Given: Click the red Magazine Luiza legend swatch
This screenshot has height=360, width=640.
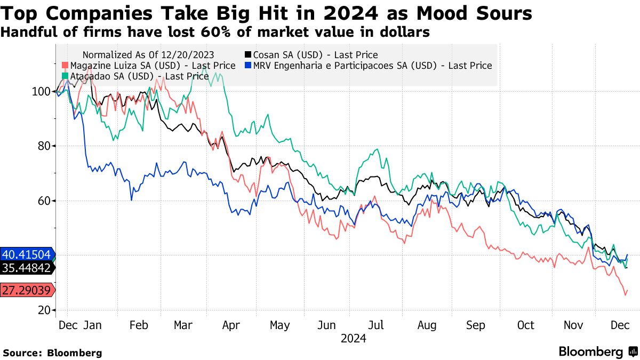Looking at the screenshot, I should coord(65,66).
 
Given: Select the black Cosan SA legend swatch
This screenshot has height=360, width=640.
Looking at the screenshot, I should coord(248,55).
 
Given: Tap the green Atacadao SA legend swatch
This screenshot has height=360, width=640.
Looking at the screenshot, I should coord(65,76).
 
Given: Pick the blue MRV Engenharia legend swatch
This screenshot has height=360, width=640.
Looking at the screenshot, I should coord(248,66).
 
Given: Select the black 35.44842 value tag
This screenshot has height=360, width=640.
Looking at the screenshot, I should coord(27,268).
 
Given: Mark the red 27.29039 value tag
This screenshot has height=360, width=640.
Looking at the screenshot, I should coord(27,291).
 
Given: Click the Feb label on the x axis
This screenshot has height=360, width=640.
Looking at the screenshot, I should coord(138,325).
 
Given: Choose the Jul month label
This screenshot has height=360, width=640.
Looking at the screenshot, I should coord(376,325).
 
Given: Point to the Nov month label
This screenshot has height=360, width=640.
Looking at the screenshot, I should coord(573,325).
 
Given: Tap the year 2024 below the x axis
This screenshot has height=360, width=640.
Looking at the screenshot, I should coord(353,338).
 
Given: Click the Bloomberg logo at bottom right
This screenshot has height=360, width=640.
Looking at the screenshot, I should coord(597,351).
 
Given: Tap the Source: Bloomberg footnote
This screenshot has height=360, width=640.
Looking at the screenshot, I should coord(52,353).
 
